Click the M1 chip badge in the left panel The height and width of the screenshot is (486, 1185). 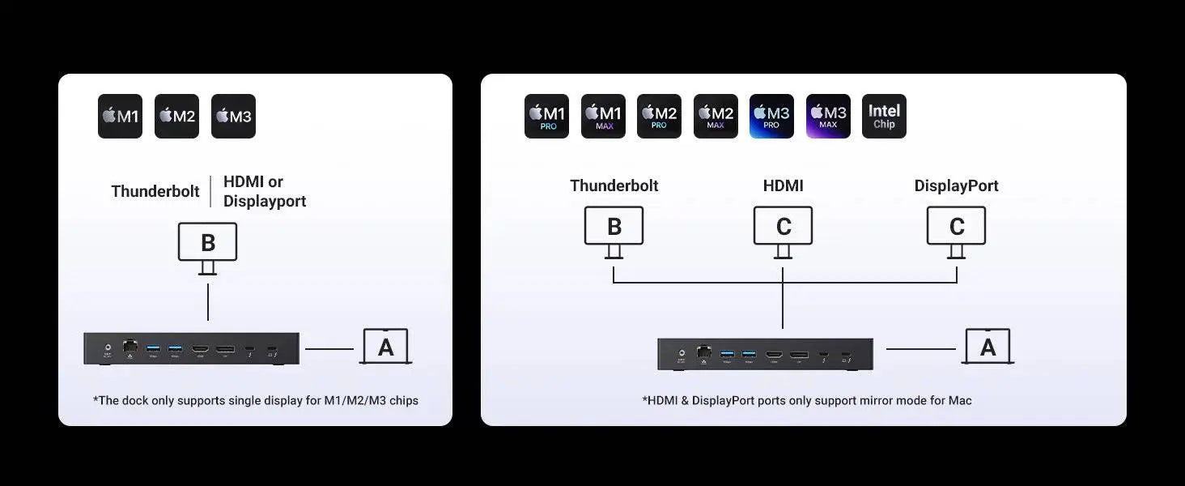120,117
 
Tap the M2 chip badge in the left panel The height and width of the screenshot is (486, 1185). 176,117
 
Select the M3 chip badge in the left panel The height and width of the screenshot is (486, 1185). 233,117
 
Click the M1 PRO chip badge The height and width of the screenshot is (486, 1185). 546,117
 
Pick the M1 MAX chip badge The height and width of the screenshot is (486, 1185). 603,117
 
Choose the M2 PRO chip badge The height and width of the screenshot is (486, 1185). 659,117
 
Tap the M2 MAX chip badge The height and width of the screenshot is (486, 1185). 716,117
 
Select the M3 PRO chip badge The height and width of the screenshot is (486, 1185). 771,117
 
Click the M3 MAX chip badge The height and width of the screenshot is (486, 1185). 828,117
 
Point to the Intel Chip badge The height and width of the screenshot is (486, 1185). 884,117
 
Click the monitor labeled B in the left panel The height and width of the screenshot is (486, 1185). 207,243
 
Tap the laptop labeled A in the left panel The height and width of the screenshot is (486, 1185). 386,347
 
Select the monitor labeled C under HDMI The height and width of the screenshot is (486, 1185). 783,227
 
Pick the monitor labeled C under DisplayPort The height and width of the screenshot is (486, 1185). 956,227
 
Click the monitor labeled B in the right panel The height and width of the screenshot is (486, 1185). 614,227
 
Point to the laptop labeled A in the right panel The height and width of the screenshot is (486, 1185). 987,347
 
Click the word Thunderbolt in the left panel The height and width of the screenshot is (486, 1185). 155,192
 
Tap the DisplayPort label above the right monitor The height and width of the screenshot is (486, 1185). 956,185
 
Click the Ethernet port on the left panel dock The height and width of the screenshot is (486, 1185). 130,347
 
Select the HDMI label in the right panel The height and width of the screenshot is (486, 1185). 783,185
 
